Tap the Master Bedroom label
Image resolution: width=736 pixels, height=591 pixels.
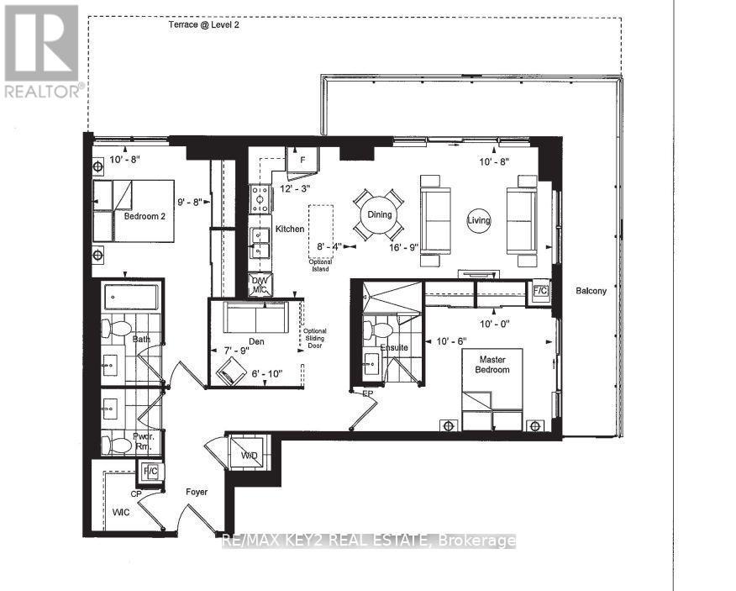(492, 364)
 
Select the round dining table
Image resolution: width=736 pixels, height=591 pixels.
(379, 214)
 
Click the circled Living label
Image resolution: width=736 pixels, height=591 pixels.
(479, 220)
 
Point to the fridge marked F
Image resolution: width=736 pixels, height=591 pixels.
(300, 160)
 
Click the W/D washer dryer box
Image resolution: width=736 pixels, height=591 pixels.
(250, 455)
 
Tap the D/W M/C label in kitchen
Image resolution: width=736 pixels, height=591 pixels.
(260, 285)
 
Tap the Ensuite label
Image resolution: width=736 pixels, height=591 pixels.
(393, 346)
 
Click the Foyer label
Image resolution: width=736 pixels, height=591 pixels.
(197, 492)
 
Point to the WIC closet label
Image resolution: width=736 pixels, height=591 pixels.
(120, 511)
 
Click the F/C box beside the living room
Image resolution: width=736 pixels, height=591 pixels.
(539, 291)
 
